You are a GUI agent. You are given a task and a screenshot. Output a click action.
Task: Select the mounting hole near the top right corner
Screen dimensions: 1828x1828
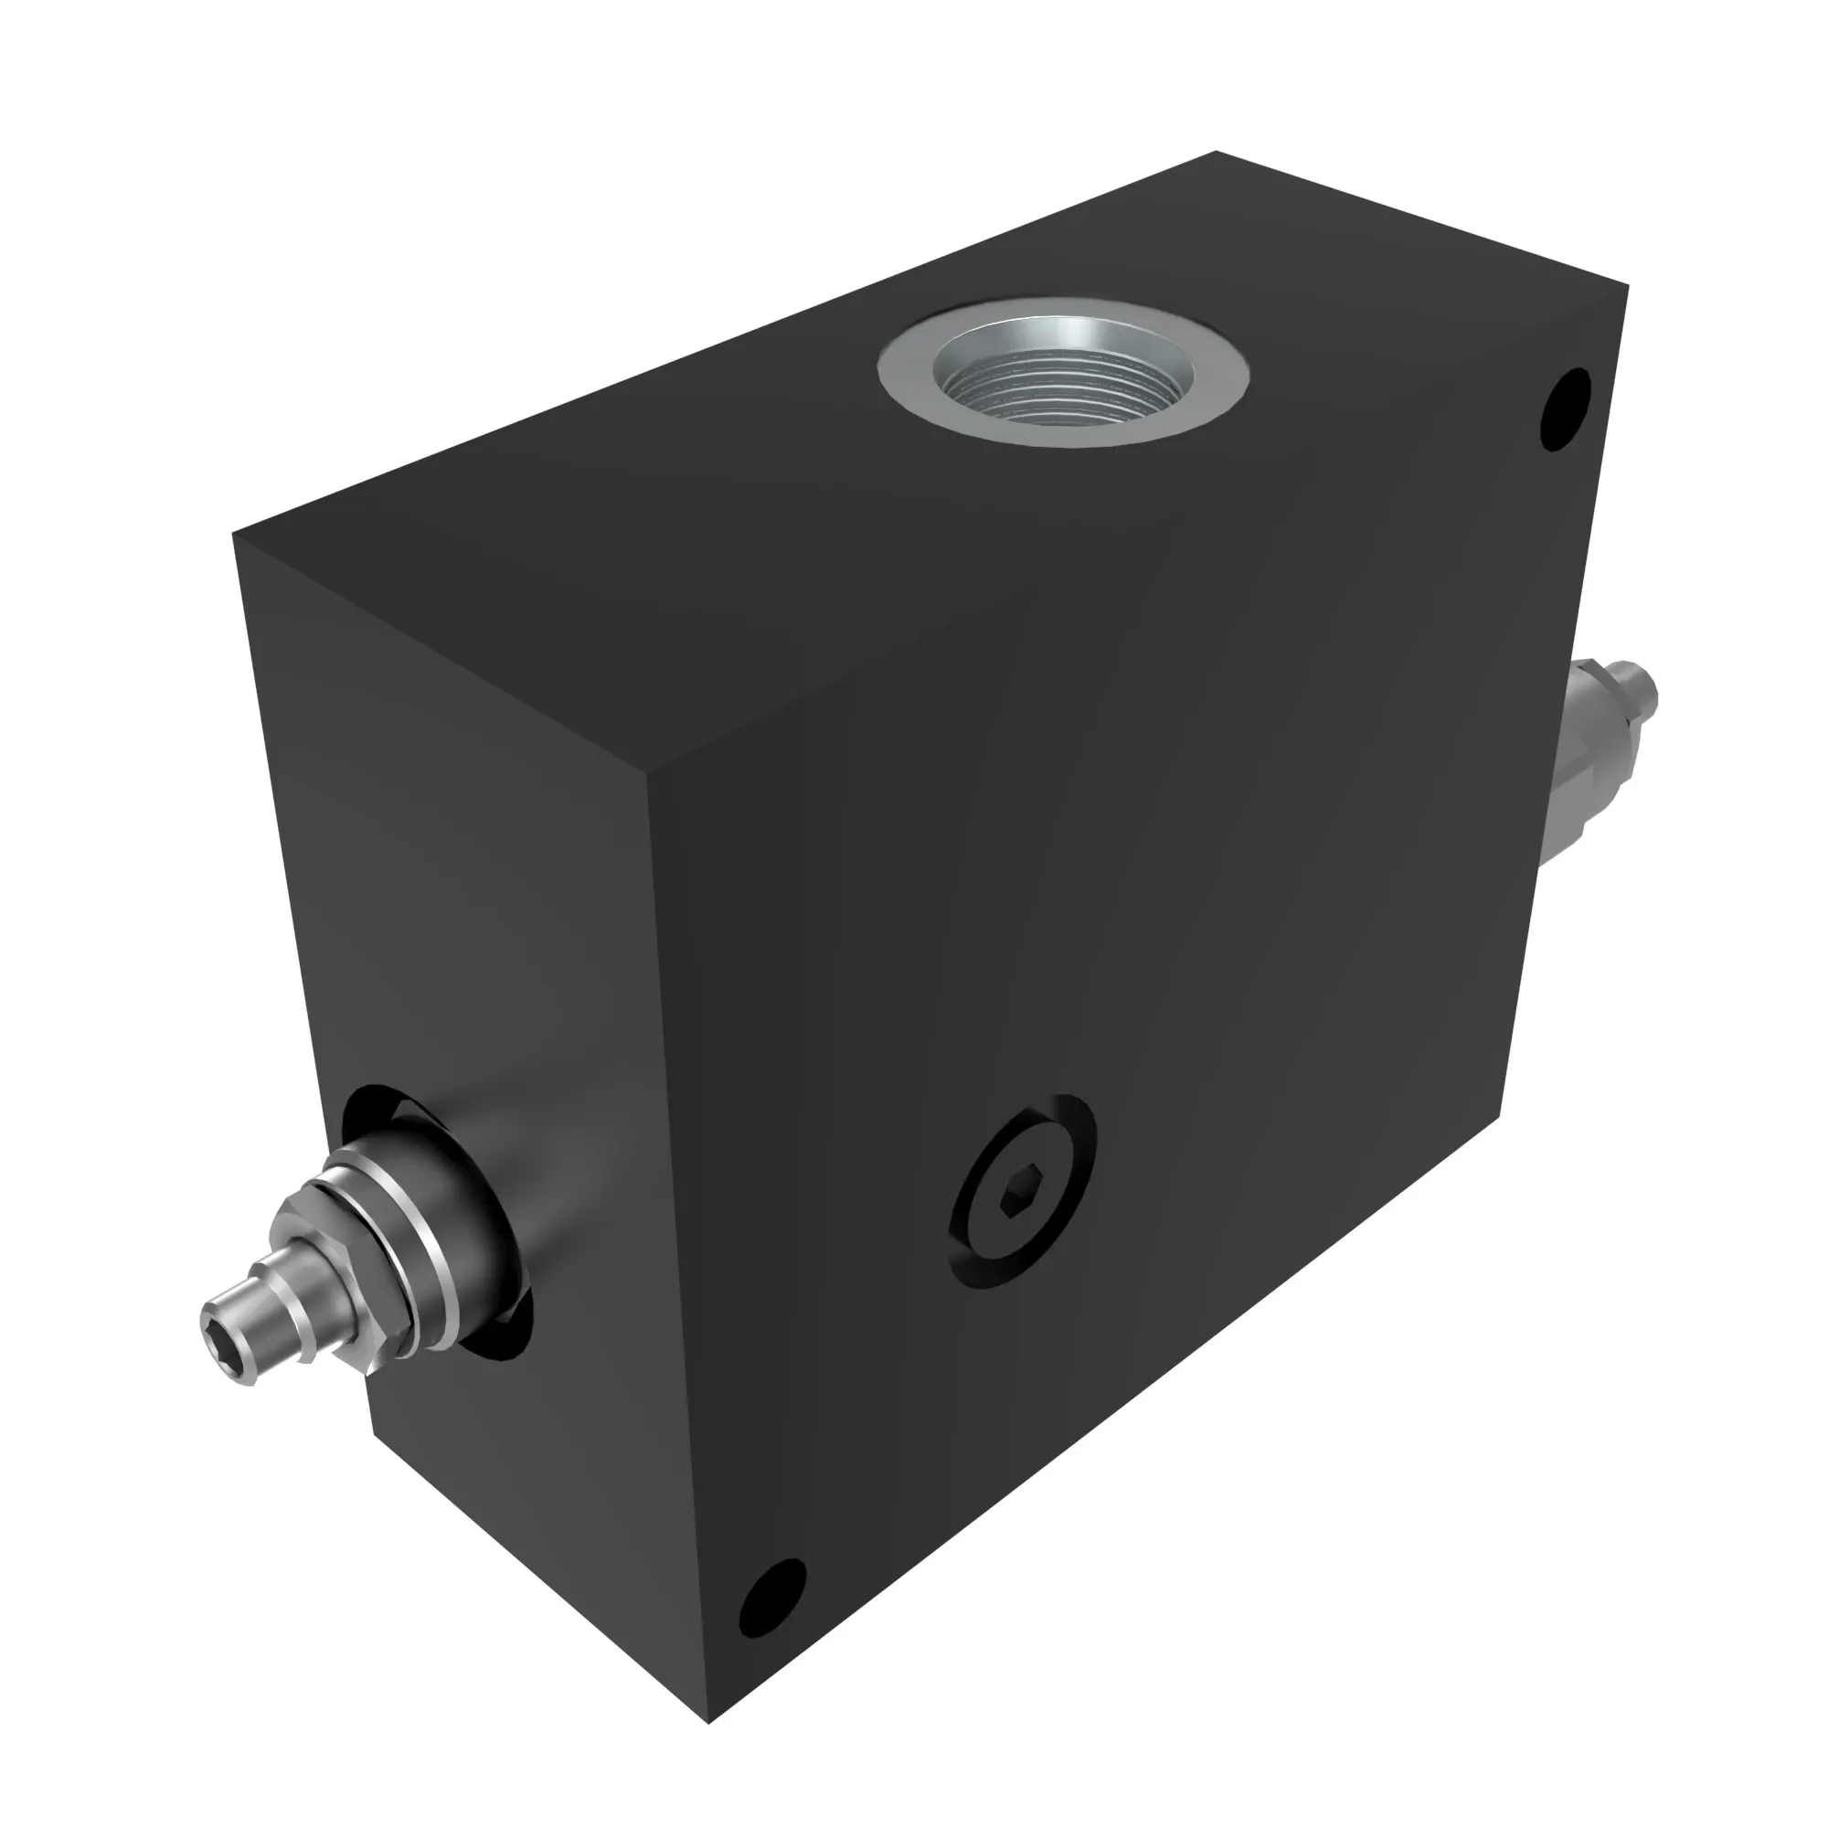[x=1566, y=409]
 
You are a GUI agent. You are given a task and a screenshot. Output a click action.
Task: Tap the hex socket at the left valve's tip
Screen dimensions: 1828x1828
[x=219, y=1314]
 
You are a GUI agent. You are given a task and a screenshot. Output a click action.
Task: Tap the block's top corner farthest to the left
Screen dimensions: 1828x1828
[x=235, y=536]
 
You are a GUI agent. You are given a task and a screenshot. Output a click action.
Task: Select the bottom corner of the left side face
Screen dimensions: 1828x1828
[x=377, y=1433]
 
